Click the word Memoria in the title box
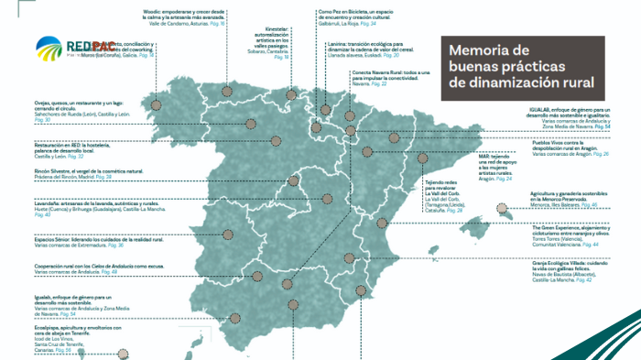coord(476,50)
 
